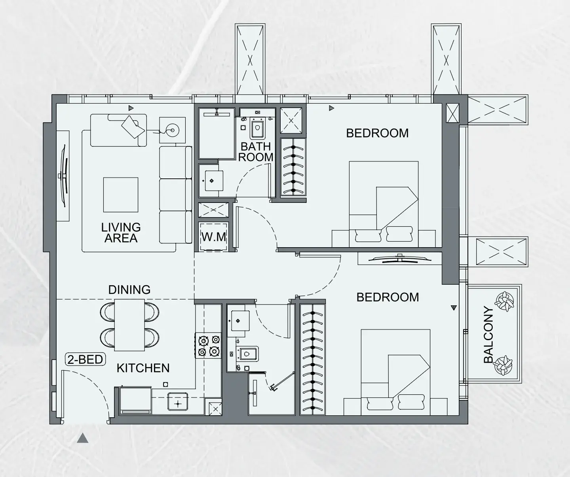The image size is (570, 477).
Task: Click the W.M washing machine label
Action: point(214,237)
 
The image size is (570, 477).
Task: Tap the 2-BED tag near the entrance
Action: point(85,360)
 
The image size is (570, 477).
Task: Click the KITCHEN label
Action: point(143,368)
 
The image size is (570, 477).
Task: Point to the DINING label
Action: point(129,290)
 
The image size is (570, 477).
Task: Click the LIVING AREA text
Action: point(121,233)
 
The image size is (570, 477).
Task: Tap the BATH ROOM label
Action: point(256,152)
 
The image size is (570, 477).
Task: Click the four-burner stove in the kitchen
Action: point(209,346)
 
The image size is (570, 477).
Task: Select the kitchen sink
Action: point(178,401)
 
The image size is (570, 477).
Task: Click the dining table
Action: point(129,325)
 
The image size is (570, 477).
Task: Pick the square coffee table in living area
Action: point(121,195)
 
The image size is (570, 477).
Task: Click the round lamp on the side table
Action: point(173,130)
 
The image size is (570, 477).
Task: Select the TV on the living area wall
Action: point(63,176)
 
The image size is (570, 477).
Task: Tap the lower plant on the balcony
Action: point(503,365)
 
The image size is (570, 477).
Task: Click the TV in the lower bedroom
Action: point(400,259)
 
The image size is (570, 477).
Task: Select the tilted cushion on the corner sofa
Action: point(133,127)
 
